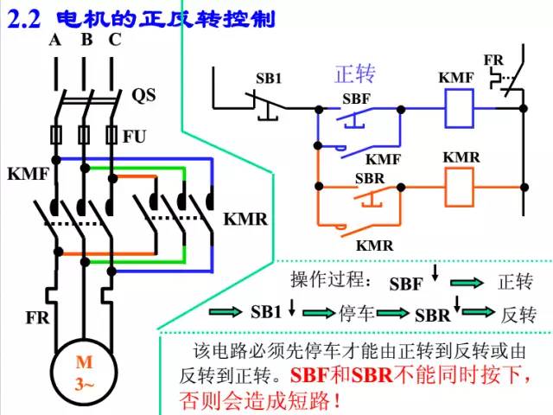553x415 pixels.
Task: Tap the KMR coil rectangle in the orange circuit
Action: (x=459, y=184)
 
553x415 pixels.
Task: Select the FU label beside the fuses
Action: (x=134, y=136)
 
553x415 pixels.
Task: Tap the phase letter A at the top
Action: (x=55, y=40)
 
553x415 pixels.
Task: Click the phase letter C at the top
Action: (x=114, y=40)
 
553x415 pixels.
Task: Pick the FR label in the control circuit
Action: (x=493, y=60)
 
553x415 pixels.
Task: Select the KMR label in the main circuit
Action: (x=245, y=219)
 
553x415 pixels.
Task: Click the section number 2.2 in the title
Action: (x=25, y=17)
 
